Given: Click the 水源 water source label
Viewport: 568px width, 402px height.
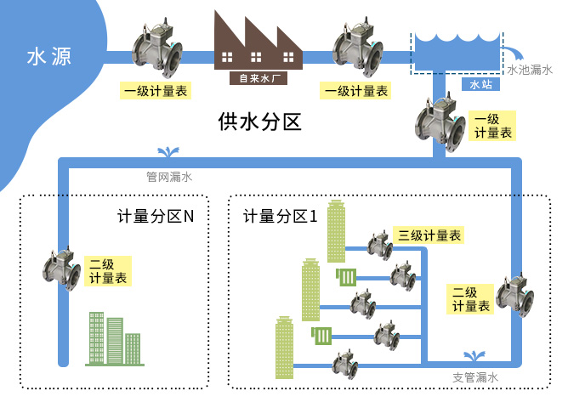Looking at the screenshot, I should point(48,57).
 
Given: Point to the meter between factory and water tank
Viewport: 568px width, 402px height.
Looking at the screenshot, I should point(358,53).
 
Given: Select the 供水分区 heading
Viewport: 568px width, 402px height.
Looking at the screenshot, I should point(259,122).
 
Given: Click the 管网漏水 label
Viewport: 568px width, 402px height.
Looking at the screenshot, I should point(169,178).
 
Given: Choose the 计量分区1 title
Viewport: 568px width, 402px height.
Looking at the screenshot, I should point(281,217).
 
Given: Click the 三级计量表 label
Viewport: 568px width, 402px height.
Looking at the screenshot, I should point(429,235).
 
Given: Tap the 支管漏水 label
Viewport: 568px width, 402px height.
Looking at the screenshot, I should point(475,377).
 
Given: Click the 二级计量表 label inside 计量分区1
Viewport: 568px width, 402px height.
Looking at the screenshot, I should point(469,299).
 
